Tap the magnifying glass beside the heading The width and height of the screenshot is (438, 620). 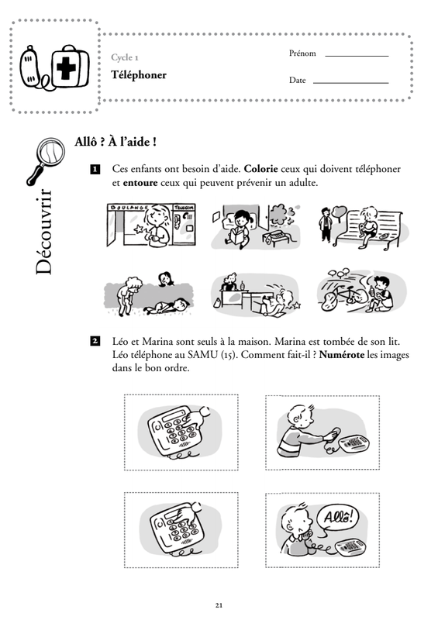[x=46, y=160]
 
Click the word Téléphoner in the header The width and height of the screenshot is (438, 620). [x=139, y=75]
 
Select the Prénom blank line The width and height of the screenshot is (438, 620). [x=357, y=56]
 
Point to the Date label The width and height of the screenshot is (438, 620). [x=298, y=80]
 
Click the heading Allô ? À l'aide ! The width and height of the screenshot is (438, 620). [x=116, y=142]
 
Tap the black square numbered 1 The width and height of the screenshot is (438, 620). [x=95, y=169]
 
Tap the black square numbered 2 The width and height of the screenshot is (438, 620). [x=95, y=341]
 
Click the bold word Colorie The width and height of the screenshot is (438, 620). [x=261, y=169]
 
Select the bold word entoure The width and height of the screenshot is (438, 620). [x=140, y=183]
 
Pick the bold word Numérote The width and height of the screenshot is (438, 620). [x=341, y=355]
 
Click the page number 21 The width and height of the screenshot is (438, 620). [x=219, y=605]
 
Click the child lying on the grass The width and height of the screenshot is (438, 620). [x=167, y=306]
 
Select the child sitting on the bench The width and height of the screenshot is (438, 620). [x=369, y=226]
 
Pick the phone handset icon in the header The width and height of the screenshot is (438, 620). [x=30, y=66]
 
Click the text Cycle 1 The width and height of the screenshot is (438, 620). [x=125, y=57]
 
